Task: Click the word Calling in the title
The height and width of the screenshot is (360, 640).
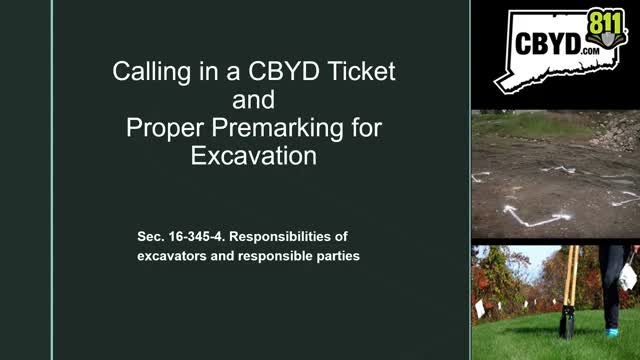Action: [x=143, y=72]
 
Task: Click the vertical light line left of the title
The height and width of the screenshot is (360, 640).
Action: [x=52, y=180]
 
